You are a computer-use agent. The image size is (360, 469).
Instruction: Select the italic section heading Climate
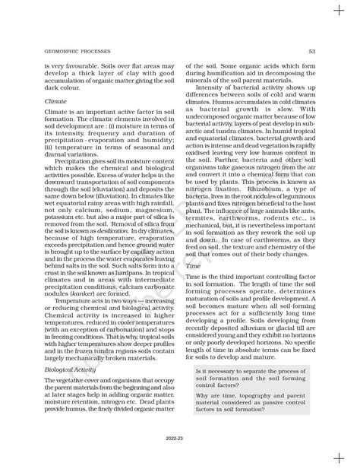coord(55,100)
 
